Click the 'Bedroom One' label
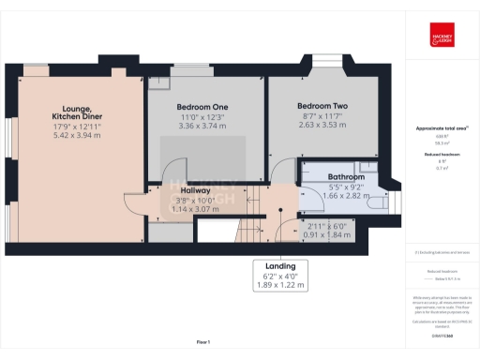point(204,107)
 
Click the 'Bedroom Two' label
point(322,107)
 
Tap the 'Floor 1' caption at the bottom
point(203,342)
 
